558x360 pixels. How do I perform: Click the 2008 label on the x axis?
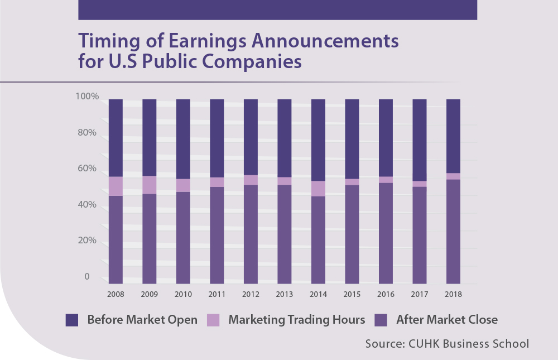(x=116, y=294)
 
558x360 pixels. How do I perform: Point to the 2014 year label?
(x=318, y=294)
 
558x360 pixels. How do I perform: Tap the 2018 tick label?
(x=454, y=294)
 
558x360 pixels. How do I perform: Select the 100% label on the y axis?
(x=87, y=97)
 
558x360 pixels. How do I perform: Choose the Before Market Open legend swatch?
(x=73, y=320)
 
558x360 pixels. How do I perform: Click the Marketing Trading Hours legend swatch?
(x=214, y=320)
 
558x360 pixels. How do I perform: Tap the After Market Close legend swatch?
(x=382, y=320)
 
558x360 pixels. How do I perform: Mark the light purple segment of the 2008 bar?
(x=116, y=186)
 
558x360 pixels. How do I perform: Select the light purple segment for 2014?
(x=318, y=189)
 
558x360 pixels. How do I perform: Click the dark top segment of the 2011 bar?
(x=217, y=138)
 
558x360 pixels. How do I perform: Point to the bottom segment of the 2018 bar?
(x=454, y=231)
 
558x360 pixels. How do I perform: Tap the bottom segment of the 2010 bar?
(x=183, y=238)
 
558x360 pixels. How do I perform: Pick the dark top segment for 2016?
(x=386, y=138)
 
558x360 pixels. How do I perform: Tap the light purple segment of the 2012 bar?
(x=251, y=180)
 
